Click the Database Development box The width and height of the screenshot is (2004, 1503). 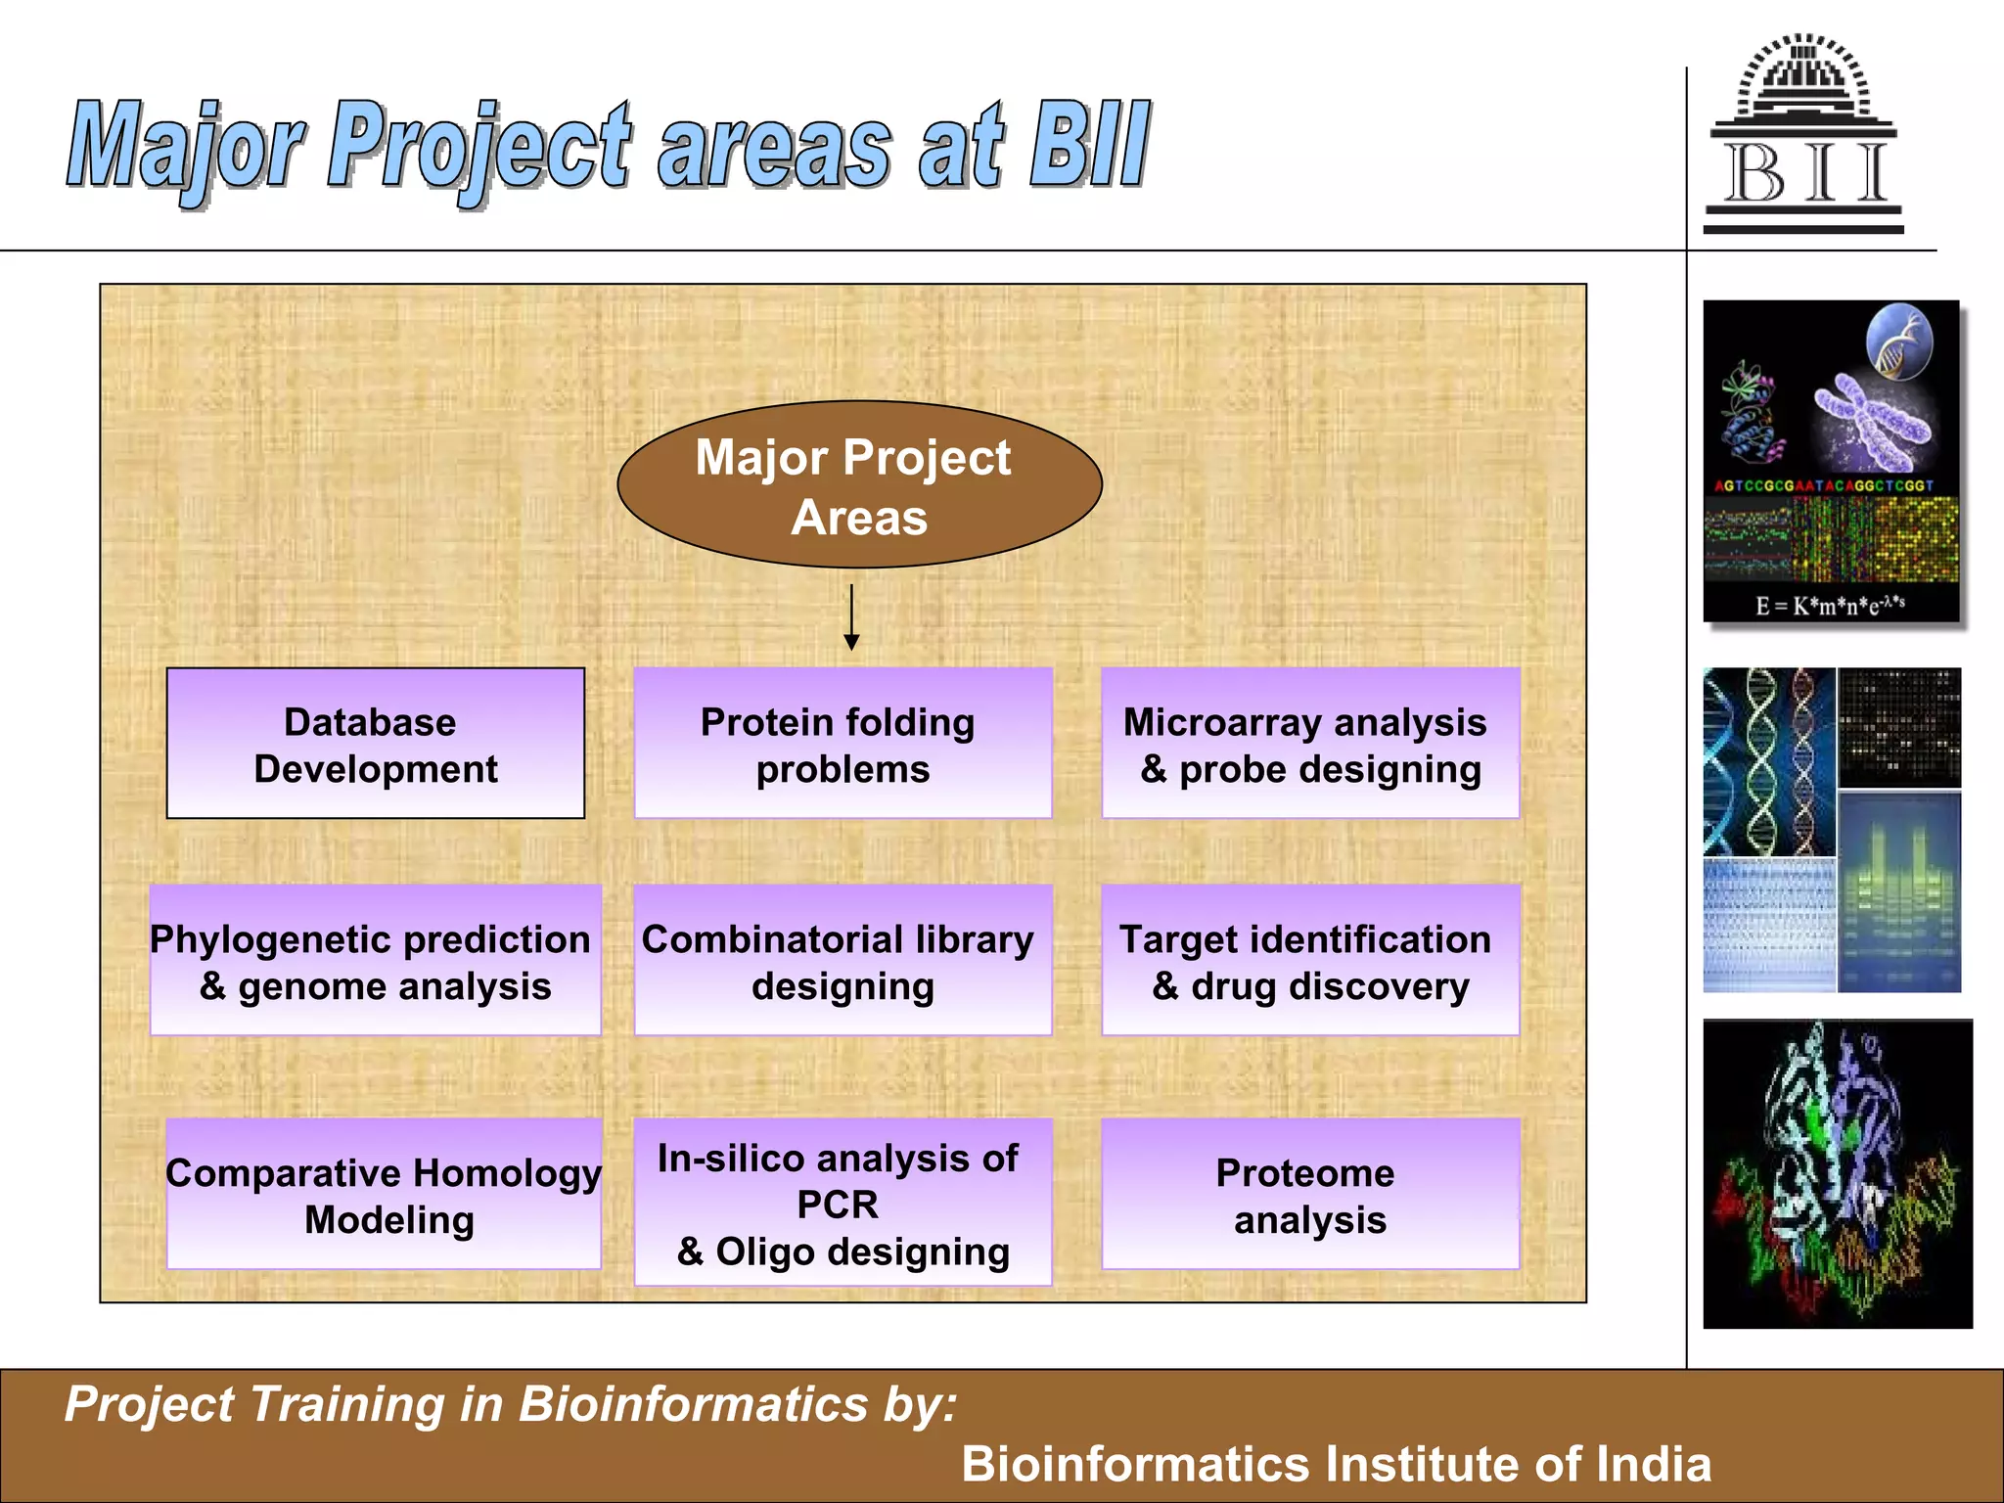(376, 744)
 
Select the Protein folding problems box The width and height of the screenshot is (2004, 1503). (843, 744)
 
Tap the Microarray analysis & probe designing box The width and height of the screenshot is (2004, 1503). (1310, 744)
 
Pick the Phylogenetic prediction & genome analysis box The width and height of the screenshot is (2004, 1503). (375, 961)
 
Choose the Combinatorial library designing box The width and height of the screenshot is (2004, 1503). (843, 961)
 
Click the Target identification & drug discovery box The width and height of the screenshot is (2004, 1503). (1310, 961)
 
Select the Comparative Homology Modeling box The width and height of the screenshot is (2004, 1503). (384, 1195)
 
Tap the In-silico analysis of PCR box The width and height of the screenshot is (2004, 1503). (843, 1203)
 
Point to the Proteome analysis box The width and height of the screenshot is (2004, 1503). (1310, 1195)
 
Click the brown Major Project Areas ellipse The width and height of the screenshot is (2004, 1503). (859, 485)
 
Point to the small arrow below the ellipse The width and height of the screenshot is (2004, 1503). (851, 617)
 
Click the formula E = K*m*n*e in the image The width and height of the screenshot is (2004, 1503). (1829, 605)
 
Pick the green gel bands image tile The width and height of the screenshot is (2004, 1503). (1898, 892)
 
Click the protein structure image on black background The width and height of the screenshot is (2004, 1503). (1837, 1174)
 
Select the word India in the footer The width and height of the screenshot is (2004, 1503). (1653, 1464)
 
